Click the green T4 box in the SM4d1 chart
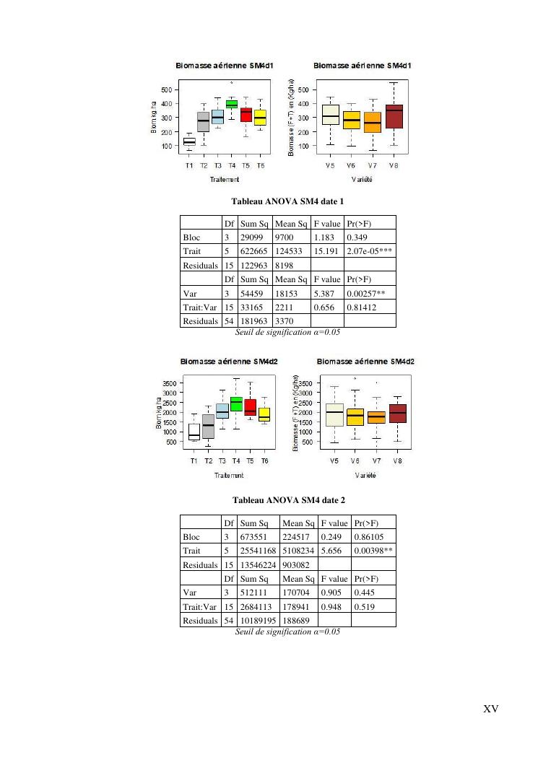point(232,105)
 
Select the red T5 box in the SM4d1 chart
point(246,115)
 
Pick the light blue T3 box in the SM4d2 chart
point(222,411)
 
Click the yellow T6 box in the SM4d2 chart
point(264,414)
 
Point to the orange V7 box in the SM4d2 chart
point(376,417)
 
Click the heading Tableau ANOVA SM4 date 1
point(287,200)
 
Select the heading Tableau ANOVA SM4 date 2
point(288,499)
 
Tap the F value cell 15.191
point(327,251)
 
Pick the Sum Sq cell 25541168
point(258,551)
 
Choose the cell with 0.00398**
point(373,551)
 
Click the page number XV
point(490,709)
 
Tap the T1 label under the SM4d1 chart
point(189,165)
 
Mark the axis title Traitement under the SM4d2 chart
point(229,475)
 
